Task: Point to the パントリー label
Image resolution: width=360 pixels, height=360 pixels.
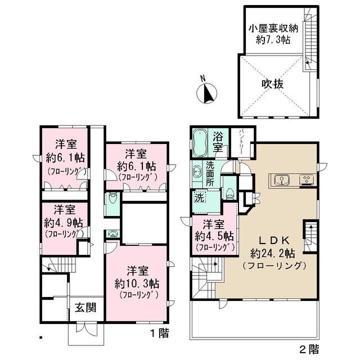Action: click(x=241, y=137)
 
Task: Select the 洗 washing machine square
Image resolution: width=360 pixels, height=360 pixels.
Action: click(x=199, y=198)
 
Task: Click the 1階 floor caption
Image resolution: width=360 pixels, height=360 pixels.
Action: click(x=159, y=333)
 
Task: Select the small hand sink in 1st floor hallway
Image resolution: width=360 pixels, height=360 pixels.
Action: click(x=112, y=235)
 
